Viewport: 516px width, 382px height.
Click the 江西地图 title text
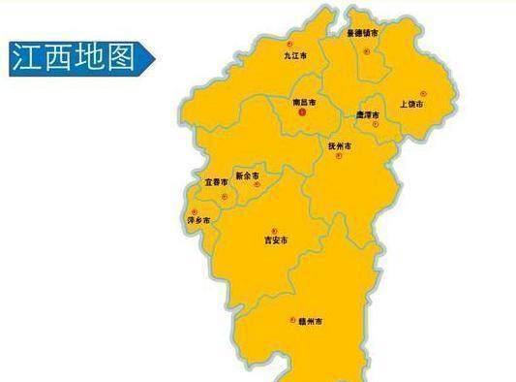pyautogui.click(x=72, y=58)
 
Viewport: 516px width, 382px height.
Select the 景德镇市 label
pyautogui.click(x=362, y=33)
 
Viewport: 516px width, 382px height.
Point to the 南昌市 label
pyautogui.click(x=303, y=100)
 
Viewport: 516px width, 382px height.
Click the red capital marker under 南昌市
pyautogui.click(x=302, y=112)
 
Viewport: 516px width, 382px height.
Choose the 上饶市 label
pyautogui.click(x=411, y=103)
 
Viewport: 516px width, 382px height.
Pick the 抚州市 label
pyautogui.click(x=340, y=145)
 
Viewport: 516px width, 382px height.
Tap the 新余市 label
pyautogui.click(x=248, y=175)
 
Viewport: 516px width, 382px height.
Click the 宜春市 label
pyautogui.click(x=216, y=181)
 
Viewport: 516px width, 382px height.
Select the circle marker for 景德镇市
pyautogui.click(x=366, y=45)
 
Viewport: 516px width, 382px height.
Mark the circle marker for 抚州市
pyautogui.click(x=338, y=157)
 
